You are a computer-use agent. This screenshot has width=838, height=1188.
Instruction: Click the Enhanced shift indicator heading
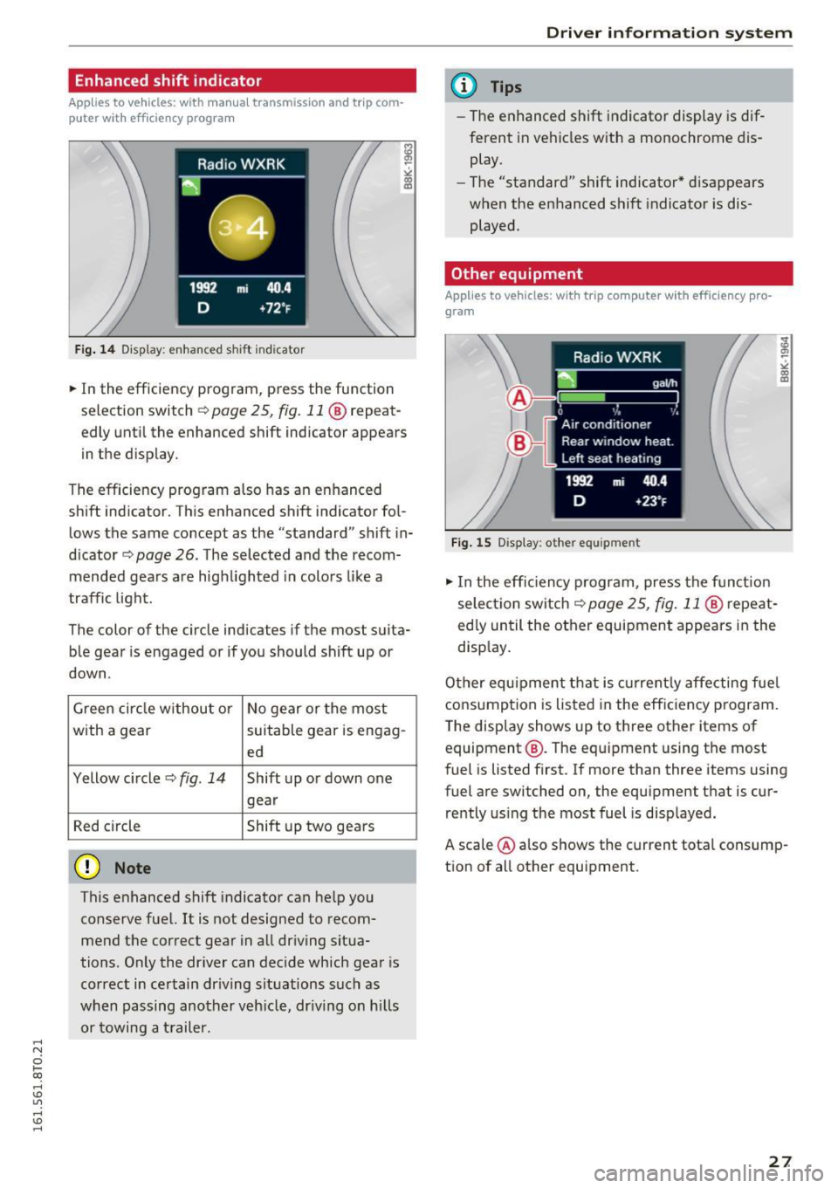pos(168,81)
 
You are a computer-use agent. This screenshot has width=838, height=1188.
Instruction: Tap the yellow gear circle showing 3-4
pos(242,228)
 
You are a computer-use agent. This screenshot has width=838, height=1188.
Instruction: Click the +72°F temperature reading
pos(276,308)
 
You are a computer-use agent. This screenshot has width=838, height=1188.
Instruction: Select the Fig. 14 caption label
pos(95,350)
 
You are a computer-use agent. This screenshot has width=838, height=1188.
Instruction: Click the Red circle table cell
pos(106,827)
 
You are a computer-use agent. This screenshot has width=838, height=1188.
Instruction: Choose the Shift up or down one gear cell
pos(319,789)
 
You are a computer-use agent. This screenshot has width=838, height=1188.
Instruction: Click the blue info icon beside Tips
pos(464,86)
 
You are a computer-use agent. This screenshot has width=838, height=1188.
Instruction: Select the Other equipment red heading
pos(517,274)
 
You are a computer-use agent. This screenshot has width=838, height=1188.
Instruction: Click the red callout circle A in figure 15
pos(519,399)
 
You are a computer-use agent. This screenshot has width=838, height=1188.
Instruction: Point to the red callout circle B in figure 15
pos(519,443)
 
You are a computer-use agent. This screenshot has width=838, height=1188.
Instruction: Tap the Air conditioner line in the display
pos(606,424)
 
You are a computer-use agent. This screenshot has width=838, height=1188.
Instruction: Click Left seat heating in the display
pos(611,458)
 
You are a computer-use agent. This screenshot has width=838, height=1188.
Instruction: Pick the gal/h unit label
pos(664,383)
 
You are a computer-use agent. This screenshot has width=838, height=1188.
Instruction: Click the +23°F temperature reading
pos(651,501)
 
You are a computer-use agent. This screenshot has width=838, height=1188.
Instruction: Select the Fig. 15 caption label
pos(471,543)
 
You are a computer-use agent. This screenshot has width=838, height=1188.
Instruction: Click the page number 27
pos(780,1161)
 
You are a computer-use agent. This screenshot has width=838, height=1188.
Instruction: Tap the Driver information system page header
pos(669,33)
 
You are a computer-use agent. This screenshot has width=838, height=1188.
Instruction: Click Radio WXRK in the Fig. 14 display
pos(241,164)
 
